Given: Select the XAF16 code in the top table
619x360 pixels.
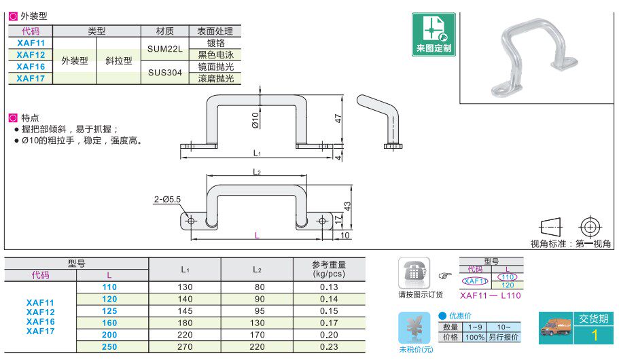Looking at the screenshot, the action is click(31, 67).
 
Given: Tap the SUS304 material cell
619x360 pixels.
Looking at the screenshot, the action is click(164, 73).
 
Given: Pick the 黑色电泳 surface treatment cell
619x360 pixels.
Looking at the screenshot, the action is click(215, 55).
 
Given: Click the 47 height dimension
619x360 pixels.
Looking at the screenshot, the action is click(338, 118).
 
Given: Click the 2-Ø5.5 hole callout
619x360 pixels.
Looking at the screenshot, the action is click(167, 199).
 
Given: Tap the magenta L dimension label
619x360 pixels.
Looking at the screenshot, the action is click(256, 235).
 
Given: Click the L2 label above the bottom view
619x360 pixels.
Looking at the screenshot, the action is click(257, 173).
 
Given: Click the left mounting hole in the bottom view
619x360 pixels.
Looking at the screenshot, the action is click(191, 221).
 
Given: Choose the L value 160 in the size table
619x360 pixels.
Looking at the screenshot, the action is click(109, 323).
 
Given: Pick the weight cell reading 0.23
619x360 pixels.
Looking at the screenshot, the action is click(328, 346).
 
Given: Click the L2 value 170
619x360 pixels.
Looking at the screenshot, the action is click(256, 335).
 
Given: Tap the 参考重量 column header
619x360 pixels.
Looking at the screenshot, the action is click(329, 269).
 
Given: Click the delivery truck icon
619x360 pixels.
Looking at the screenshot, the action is click(556, 329).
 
